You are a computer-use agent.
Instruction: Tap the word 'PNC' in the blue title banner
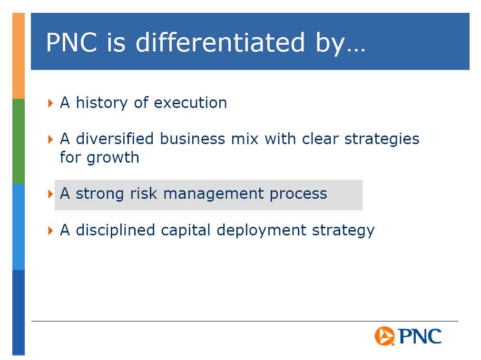71,42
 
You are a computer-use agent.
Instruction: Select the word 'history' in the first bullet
101,103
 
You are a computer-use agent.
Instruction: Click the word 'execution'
190,103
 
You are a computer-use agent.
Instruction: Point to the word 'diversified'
115,138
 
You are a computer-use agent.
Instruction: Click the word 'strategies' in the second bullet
382,139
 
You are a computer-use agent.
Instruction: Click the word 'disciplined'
115,230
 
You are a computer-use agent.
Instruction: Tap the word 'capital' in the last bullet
186,231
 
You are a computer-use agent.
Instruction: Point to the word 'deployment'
261,231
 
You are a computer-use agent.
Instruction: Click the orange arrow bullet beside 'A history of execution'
50,103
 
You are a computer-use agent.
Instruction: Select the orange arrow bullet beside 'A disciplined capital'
50,231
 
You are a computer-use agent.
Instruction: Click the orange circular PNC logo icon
384,336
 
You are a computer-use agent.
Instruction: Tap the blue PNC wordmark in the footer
420,336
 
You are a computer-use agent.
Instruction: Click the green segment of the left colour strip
19,141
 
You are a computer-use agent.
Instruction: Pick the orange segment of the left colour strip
19,56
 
